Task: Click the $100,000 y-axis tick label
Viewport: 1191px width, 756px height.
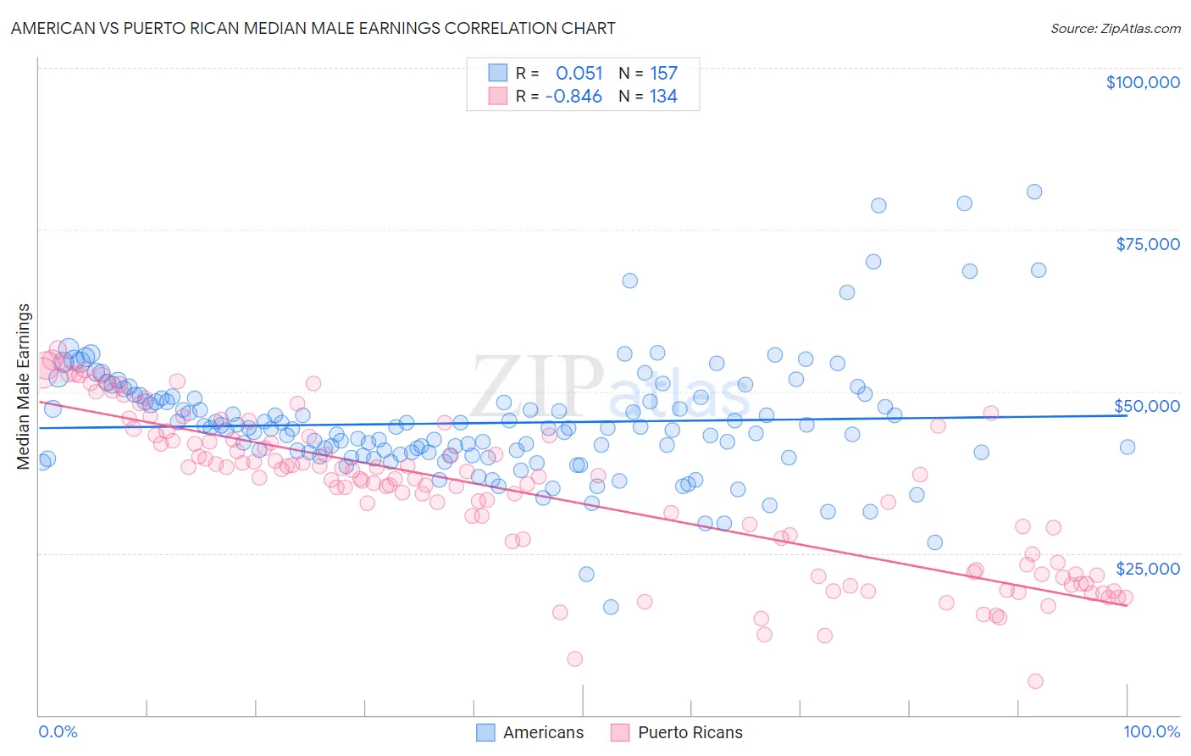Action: click(1143, 82)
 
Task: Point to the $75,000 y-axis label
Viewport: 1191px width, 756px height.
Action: click(1148, 244)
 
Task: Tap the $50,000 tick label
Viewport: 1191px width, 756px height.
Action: click(1146, 406)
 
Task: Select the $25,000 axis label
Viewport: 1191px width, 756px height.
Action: click(1148, 569)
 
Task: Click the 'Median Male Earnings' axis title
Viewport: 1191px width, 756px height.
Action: click(24, 386)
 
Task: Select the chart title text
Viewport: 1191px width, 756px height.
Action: click(313, 28)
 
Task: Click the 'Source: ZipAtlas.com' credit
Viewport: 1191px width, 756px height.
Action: click(1115, 28)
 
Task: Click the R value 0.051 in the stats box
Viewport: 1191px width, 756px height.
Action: click(579, 73)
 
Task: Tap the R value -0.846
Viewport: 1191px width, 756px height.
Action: click(573, 97)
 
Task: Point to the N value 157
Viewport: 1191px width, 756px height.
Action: click(663, 73)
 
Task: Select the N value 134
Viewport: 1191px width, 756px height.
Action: click(663, 97)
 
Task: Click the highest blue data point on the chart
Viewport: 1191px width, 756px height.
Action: click(1034, 192)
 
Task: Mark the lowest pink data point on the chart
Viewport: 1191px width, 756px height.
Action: click(1035, 681)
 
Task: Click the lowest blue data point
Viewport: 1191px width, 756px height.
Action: click(611, 607)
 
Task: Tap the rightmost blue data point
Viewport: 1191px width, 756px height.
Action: click(1127, 447)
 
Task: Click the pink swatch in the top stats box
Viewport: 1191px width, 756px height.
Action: click(497, 97)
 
